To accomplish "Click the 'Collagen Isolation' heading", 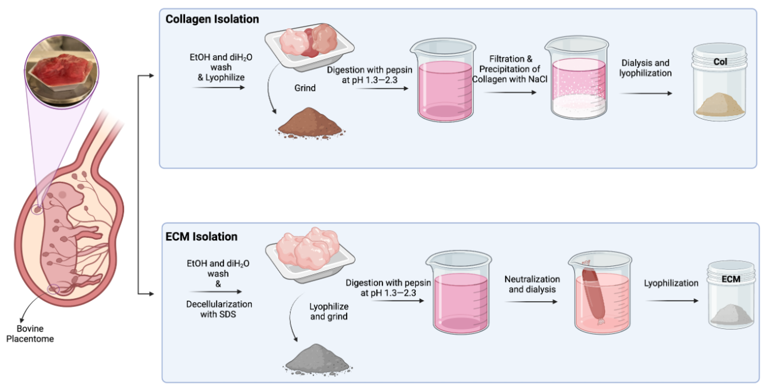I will (x=212, y=19).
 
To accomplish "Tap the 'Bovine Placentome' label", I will (x=30, y=334).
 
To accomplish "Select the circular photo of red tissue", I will (x=61, y=72).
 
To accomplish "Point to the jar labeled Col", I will (x=719, y=82).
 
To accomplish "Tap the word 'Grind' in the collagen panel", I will (x=305, y=88).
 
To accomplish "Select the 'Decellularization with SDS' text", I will (x=219, y=309).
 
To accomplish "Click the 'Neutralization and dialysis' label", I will (x=532, y=284).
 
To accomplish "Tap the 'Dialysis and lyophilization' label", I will (x=645, y=68).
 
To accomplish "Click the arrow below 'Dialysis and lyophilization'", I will (x=646, y=93).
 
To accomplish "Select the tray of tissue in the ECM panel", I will (x=310, y=253).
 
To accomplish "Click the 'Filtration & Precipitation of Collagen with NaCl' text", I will (x=510, y=69).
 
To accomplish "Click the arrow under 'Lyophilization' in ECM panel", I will (x=672, y=301).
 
